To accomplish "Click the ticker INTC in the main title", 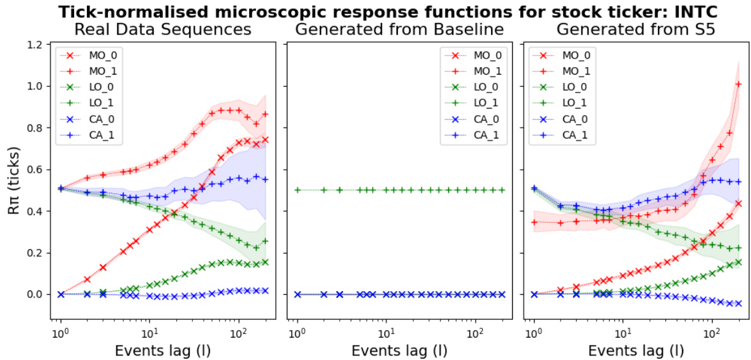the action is click(x=704, y=11).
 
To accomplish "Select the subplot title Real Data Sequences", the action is click(x=163, y=29).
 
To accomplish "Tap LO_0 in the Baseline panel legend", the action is click(x=484, y=87).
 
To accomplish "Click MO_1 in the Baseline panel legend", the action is click(x=484, y=71).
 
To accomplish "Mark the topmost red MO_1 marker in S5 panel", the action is click(x=738, y=84).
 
